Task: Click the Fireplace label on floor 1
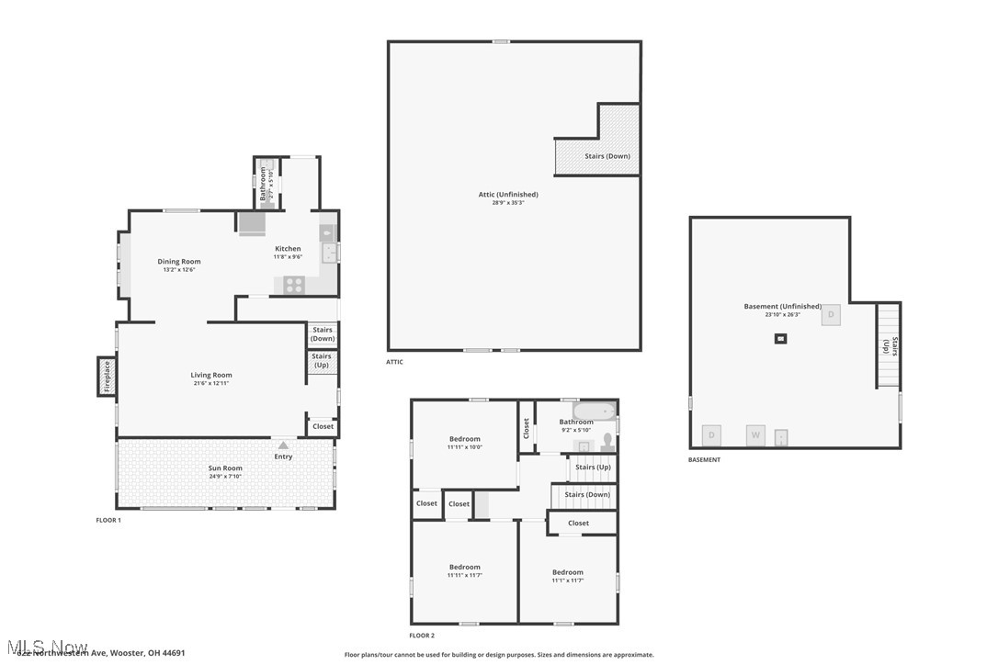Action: coord(107,377)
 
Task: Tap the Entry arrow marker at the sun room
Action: coord(283,445)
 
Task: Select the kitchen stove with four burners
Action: coord(294,285)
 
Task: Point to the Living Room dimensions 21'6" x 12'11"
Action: coord(211,383)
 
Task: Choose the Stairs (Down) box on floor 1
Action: coord(323,334)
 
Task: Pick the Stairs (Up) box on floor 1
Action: coord(322,361)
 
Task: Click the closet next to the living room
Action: coord(323,426)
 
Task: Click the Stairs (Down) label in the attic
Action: coord(607,156)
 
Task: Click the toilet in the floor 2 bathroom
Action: coord(607,442)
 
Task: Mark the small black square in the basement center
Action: coord(780,339)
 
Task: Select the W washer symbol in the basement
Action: coord(755,434)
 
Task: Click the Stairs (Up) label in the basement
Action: coord(889,346)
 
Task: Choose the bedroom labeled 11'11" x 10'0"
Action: coord(465,443)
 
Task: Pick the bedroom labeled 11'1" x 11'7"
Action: coord(568,576)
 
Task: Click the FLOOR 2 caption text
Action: coord(423,636)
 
